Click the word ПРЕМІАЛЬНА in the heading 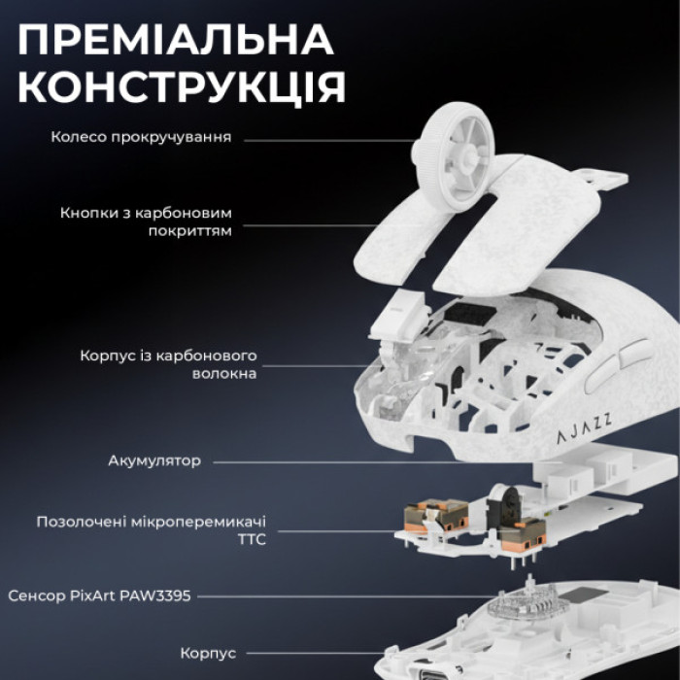(176, 40)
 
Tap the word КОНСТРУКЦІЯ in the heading (182, 87)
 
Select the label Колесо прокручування (141, 137)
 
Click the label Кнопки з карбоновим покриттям (146, 221)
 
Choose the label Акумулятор (154, 460)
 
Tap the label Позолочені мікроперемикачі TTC (151, 530)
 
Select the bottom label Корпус (207, 653)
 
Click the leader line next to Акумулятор (369, 460)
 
